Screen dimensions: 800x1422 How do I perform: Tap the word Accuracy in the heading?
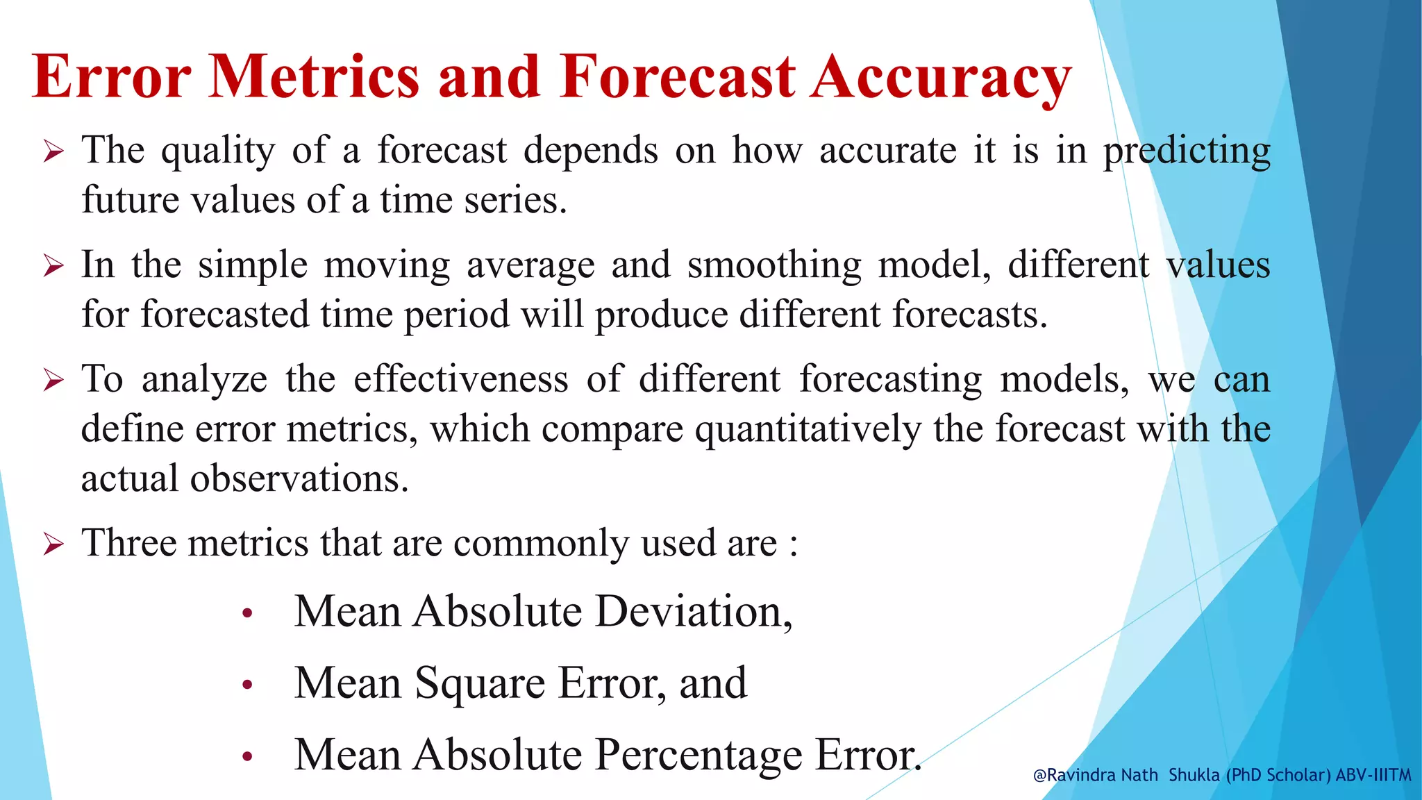point(942,78)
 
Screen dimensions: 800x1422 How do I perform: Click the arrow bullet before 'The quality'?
point(53,151)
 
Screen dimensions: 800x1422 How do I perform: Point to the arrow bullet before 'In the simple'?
point(53,265)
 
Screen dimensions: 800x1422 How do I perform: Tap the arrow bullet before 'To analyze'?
point(53,380)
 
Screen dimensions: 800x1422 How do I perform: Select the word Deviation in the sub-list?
point(693,611)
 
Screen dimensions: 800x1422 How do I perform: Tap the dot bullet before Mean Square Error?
point(247,685)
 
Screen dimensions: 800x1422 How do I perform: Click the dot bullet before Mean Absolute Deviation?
point(247,613)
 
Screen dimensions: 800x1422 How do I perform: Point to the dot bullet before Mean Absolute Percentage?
point(247,757)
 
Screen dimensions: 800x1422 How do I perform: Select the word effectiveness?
point(461,379)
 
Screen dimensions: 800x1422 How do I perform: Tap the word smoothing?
point(774,265)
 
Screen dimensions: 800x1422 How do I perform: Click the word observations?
point(299,478)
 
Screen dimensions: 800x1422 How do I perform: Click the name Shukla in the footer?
point(1194,775)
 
